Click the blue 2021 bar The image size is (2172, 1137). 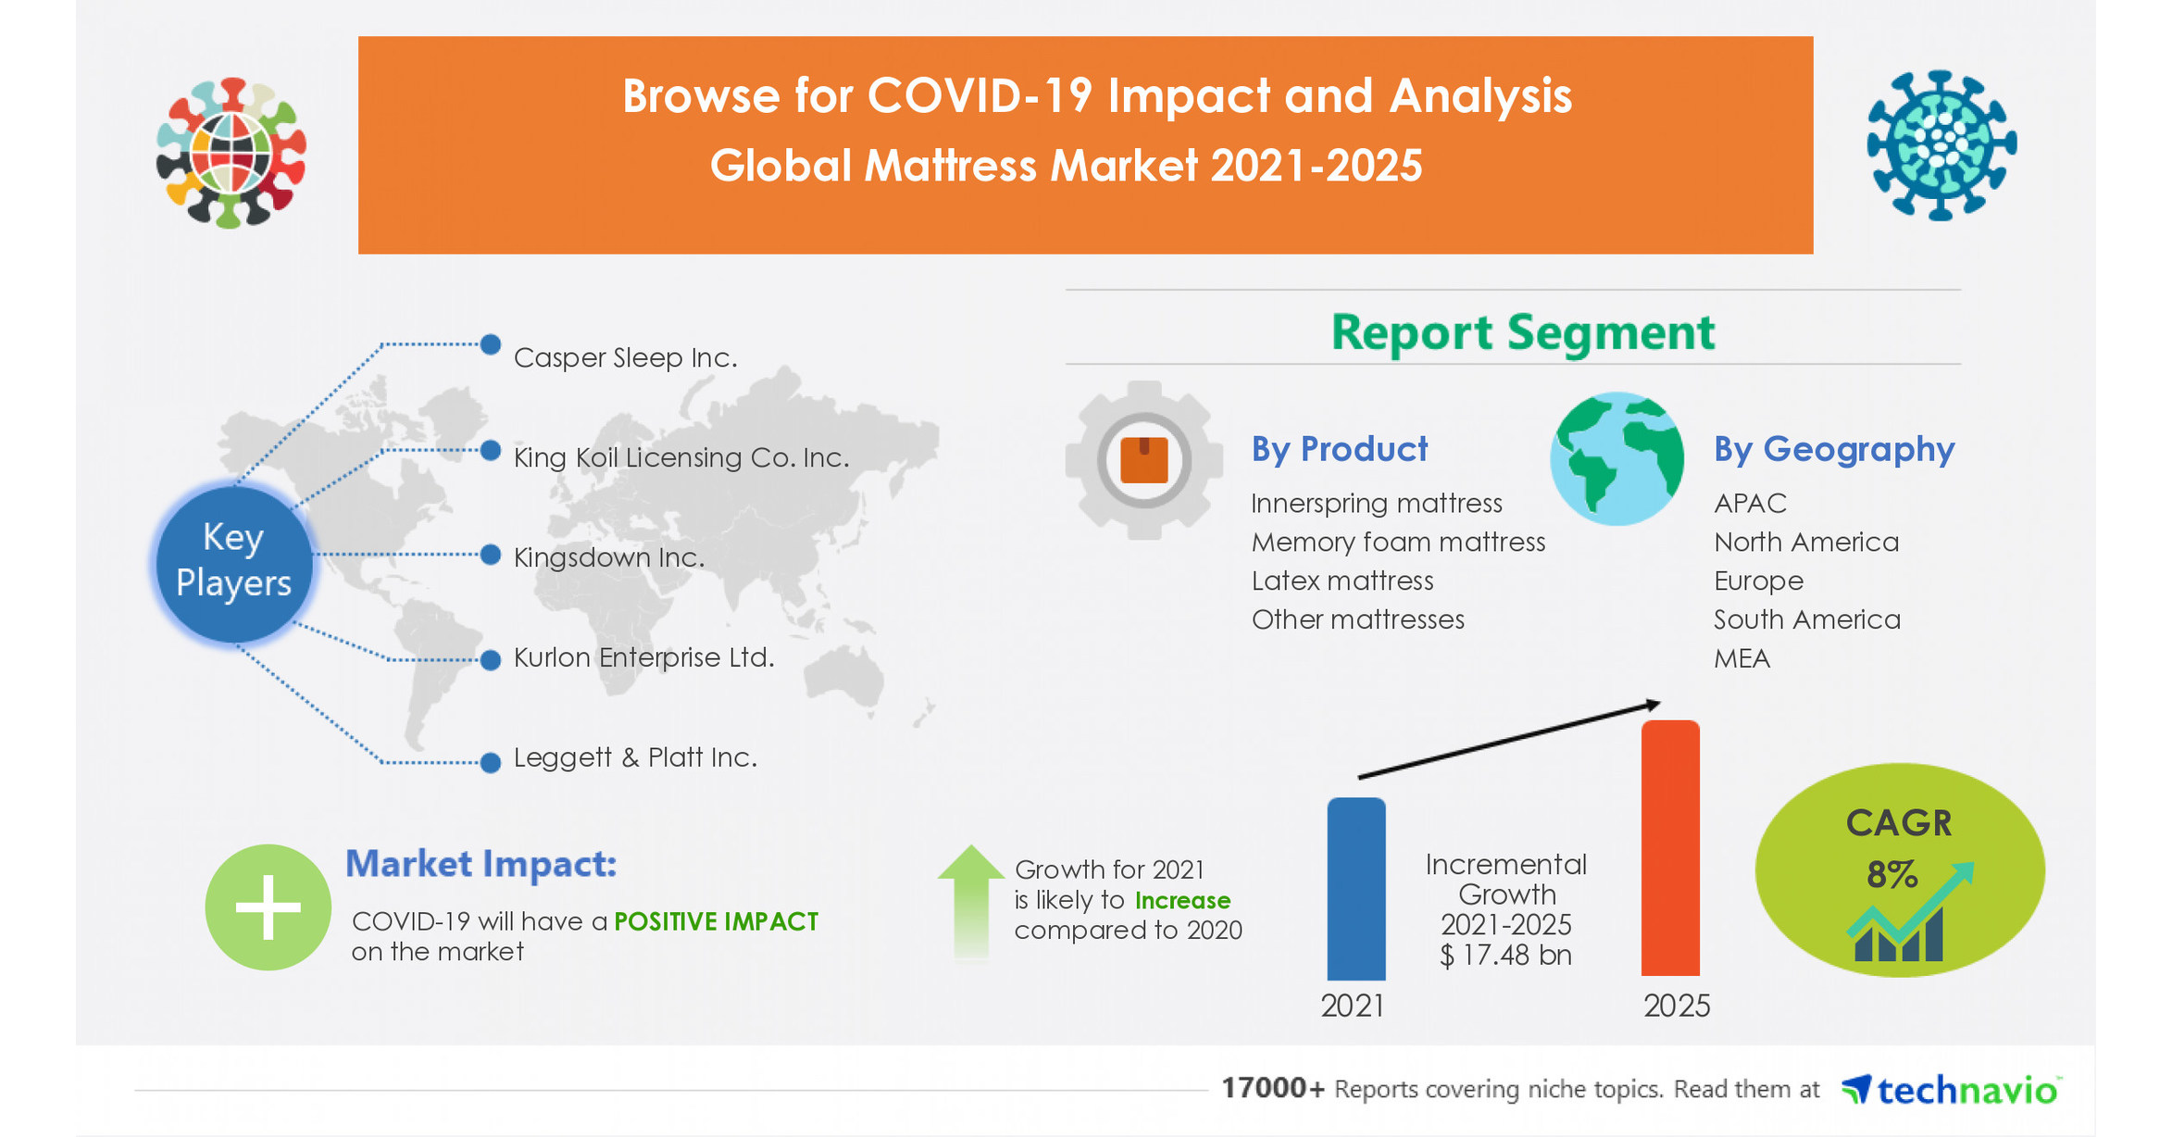tap(1355, 889)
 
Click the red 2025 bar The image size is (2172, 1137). tap(1669, 847)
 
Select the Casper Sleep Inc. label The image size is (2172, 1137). tap(625, 357)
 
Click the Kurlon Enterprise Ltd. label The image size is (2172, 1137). tap(643, 657)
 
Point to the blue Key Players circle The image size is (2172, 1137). tap(233, 561)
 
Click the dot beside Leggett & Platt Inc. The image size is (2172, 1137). tap(491, 762)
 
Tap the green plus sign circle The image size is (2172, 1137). tap(268, 906)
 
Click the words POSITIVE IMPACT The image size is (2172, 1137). tap(716, 921)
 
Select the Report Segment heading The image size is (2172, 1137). tap(1522, 331)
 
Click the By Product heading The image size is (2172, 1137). tap(1339, 449)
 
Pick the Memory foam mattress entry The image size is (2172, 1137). tap(1398, 542)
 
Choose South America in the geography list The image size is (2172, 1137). tap(1806, 619)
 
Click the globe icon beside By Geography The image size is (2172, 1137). tap(1617, 458)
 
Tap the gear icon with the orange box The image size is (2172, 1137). tap(1143, 459)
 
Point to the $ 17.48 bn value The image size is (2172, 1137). tap(1505, 955)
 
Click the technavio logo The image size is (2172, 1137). tap(1951, 1090)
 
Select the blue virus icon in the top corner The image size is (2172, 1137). tap(1941, 145)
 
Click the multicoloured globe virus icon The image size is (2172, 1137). tap(231, 153)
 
